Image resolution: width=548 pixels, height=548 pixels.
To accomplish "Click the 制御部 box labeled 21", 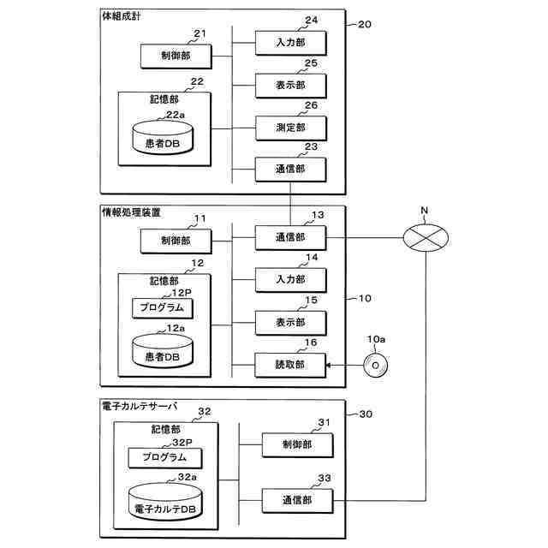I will [x=176, y=56].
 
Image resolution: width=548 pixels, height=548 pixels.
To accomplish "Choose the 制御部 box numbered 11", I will [x=176, y=242].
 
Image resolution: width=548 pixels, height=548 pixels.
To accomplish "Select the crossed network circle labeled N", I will [x=426, y=237].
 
